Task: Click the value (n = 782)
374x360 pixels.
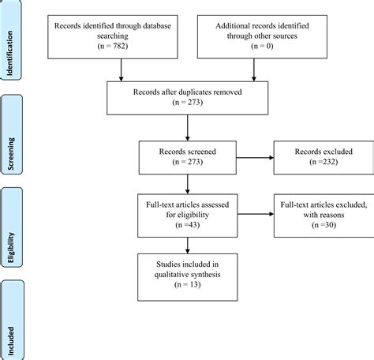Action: pos(120,47)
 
